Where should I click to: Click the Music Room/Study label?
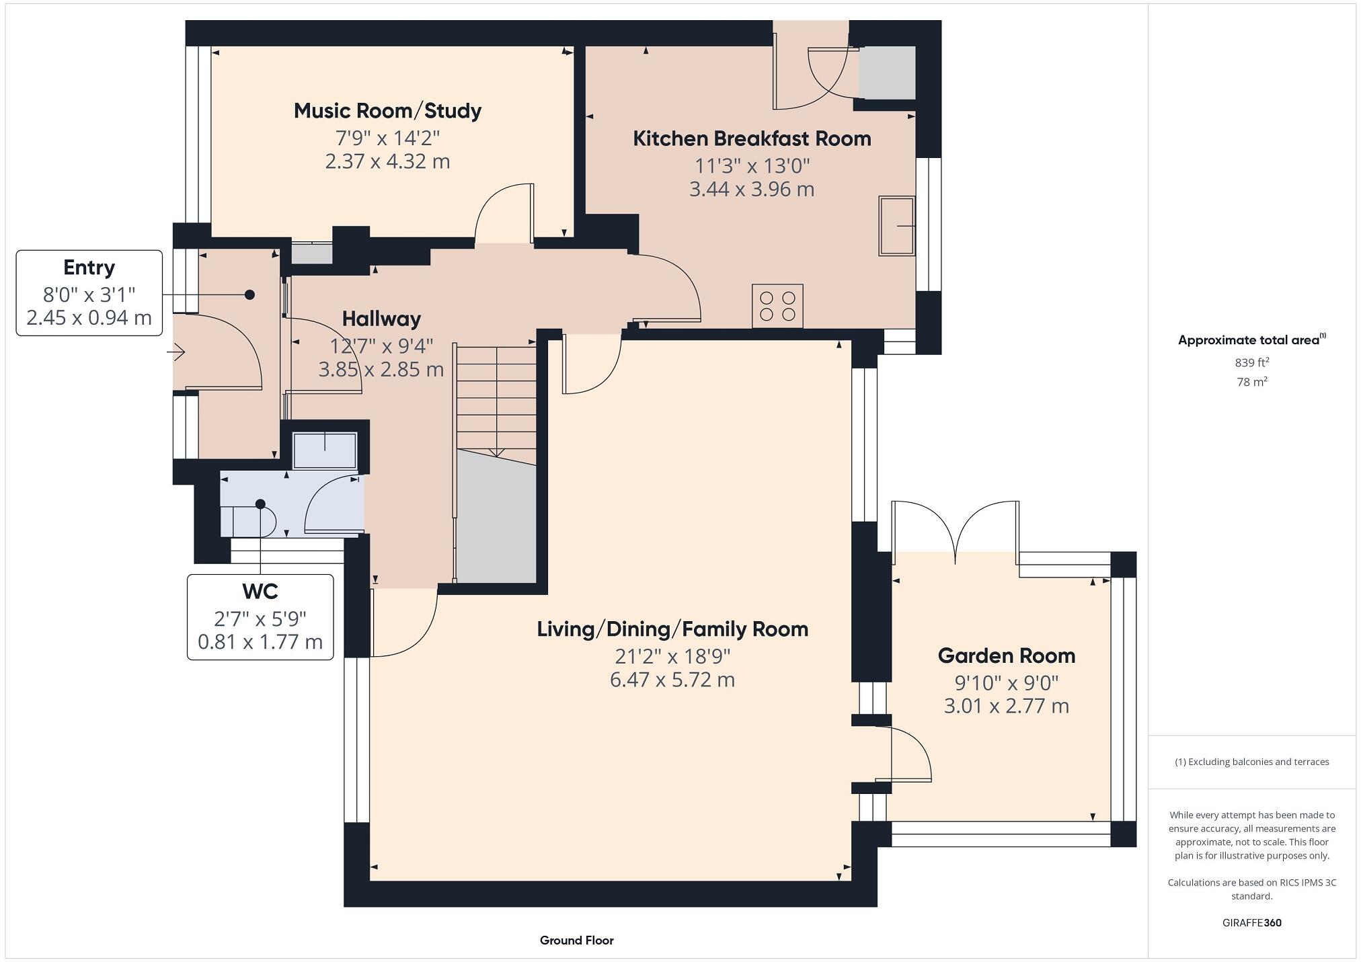[387, 111]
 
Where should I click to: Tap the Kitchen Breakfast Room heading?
[752, 138]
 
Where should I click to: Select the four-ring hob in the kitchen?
[777, 306]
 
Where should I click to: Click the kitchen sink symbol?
[896, 226]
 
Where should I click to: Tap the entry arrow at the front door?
[178, 352]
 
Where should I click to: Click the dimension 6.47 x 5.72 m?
[672, 680]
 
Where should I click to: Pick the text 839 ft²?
[1251, 362]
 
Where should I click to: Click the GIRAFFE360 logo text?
[1251, 922]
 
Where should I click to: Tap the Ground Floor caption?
[576, 940]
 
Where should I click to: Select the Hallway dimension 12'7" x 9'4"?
[381, 346]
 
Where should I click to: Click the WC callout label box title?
[260, 592]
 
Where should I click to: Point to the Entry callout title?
[89, 268]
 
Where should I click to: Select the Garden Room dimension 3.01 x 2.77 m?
[1006, 706]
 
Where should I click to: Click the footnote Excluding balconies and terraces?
[1251, 762]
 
